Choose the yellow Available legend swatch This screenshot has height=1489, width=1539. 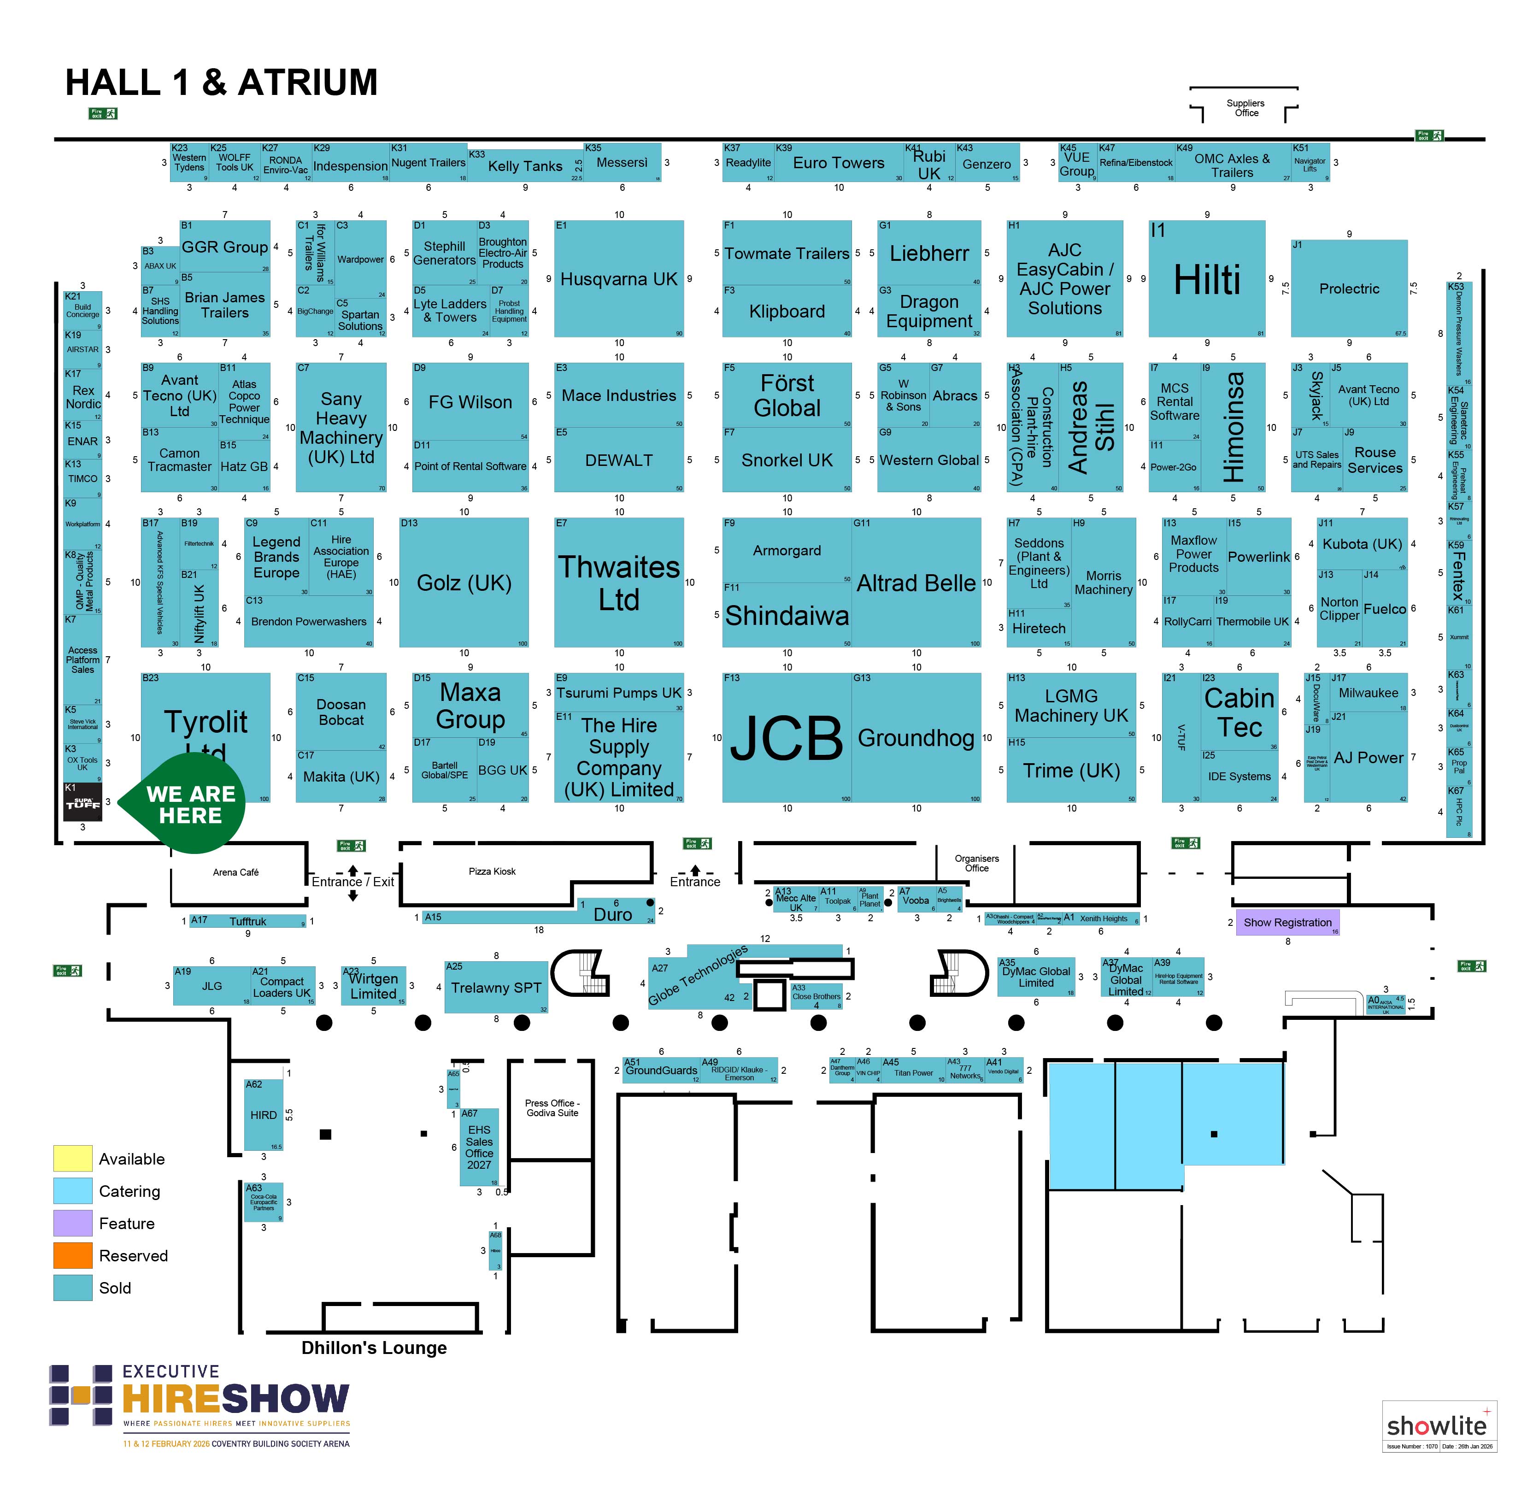[72, 1159]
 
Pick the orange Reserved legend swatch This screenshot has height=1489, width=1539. [72, 1255]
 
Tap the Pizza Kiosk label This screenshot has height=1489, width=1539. [492, 871]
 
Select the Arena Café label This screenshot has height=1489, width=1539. [235, 872]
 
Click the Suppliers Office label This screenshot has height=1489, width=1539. [1245, 107]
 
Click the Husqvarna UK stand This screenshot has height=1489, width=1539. [619, 279]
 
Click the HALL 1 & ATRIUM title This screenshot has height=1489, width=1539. [222, 82]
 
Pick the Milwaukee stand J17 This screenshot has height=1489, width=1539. [1368, 693]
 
